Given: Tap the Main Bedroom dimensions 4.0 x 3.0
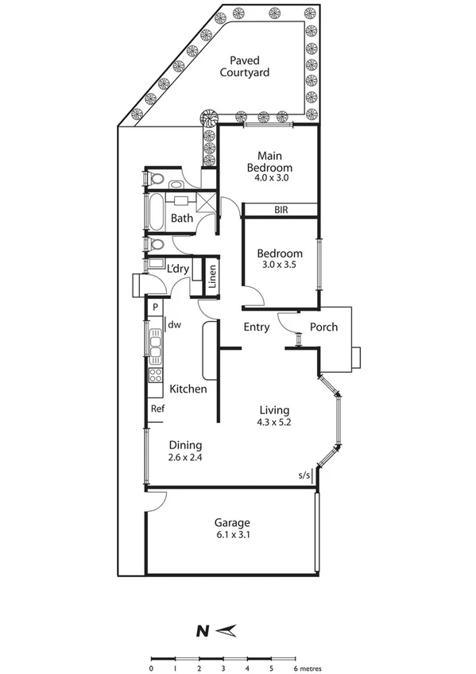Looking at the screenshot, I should click(x=269, y=180).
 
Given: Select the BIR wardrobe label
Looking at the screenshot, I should click(x=281, y=210).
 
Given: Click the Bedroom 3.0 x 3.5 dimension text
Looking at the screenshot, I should click(x=280, y=265).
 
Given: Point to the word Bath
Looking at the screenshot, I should click(x=182, y=219).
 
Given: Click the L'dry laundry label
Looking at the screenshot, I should click(x=177, y=269).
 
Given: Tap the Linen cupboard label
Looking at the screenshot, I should click(x=212, y=277).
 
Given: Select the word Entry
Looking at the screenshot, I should click(x=256, y=327).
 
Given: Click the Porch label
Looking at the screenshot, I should click(x=323, y=327).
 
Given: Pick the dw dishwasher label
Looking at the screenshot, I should click(x=174, y=323).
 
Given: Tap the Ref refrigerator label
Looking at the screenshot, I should click(x=157, y=409).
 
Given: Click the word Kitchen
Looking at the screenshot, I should click(x=188, y=389).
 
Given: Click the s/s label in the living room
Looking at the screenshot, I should click(x=304, y=475).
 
